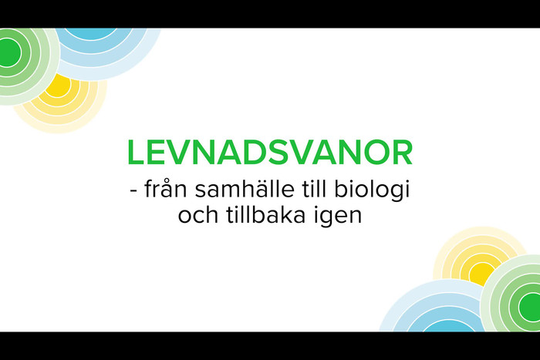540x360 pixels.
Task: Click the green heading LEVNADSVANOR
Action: (x=270, y=153)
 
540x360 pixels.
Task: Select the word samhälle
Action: (x=245, y=189)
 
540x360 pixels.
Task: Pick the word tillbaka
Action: (x=265, y=215)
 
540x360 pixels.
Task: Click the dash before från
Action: (x=133, y=190)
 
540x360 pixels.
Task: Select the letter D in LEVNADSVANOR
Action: (x=256, y=153)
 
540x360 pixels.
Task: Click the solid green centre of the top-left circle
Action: (x=8, y=52)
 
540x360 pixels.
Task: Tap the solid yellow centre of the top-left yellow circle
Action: (x=59, y=86)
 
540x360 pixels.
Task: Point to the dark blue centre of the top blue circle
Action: (x=91, y=33)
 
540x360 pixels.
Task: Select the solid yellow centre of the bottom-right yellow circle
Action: (x=481, y=274)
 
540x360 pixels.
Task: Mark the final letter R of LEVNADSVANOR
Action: (x=402, y=153)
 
